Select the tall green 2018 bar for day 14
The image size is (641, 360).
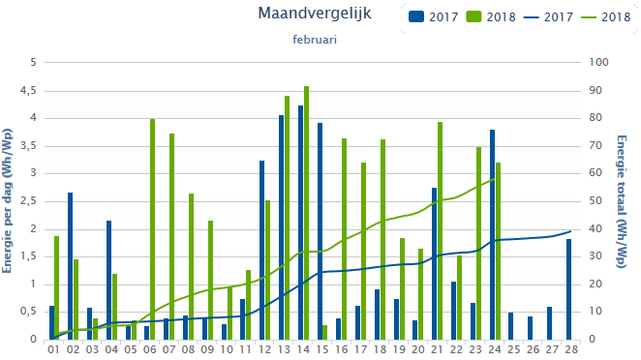coord(307,213)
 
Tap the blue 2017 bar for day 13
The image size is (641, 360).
coord(281,227)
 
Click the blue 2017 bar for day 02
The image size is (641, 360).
coord(70,266)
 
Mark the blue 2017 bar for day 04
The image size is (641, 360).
coord(108,280)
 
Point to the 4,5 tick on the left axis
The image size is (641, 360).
coord(27,90)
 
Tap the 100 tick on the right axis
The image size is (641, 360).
coord(599,62)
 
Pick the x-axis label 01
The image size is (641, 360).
coord(54,349)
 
